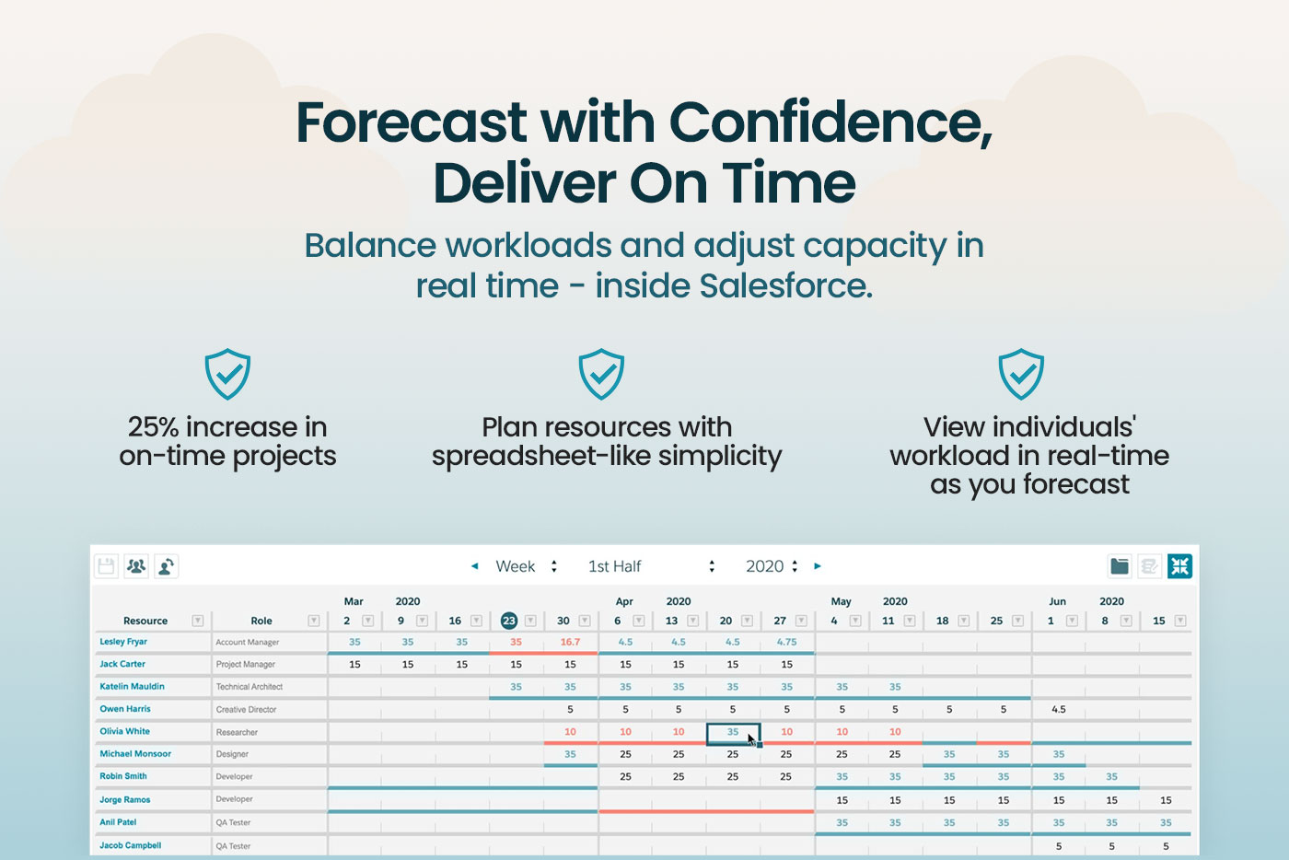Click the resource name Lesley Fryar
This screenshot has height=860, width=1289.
coord(123,641)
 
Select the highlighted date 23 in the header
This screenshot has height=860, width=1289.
coord(508,621)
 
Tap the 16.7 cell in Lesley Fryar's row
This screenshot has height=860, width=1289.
coord(570,642)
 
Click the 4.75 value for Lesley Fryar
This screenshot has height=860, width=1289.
coord(786,642)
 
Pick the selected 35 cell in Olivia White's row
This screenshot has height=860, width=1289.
coord(733,732)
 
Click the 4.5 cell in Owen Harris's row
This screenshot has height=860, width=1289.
coord(1059,709)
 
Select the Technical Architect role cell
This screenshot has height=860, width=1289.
coord(250,687)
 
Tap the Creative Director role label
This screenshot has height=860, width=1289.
coord(247,709)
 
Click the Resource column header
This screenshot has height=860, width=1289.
coord(145,621)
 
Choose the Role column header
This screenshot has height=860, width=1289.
coord(261,621)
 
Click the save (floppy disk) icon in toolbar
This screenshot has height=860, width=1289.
coord(107,566)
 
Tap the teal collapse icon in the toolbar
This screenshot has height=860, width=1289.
coord(1179,566)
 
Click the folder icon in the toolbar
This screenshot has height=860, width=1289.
coord(1120,566)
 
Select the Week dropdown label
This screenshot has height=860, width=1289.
coord(515,566)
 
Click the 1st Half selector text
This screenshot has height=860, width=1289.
coord(615,566)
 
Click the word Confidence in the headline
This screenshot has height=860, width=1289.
coord(830,122)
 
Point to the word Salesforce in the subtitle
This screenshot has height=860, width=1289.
coord(786,285)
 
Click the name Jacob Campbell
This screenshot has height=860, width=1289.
coord(130,845)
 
